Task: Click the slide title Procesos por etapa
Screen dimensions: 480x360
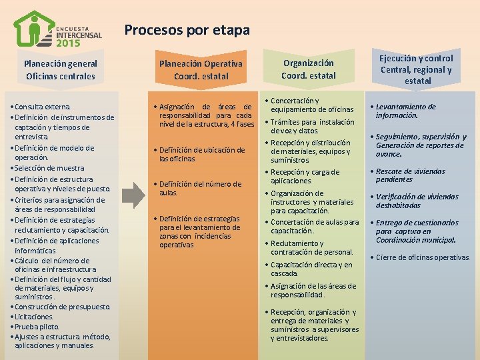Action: pos(187,30)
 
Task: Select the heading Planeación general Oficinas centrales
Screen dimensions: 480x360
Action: pos(61,70)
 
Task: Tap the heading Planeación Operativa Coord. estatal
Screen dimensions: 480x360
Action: pos(200,70)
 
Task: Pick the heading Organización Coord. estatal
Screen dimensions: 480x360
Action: pos(308,69)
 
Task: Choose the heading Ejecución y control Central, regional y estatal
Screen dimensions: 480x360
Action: pos(416,69)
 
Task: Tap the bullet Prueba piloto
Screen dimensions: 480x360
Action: pos(37,327)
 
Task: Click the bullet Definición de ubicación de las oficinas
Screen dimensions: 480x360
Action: pos(201,155)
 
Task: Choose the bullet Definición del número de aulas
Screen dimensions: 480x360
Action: pos(200,188)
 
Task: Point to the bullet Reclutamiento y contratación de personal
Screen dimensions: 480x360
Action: pos(312,247)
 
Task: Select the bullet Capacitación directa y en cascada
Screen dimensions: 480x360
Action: pos(311,269)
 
